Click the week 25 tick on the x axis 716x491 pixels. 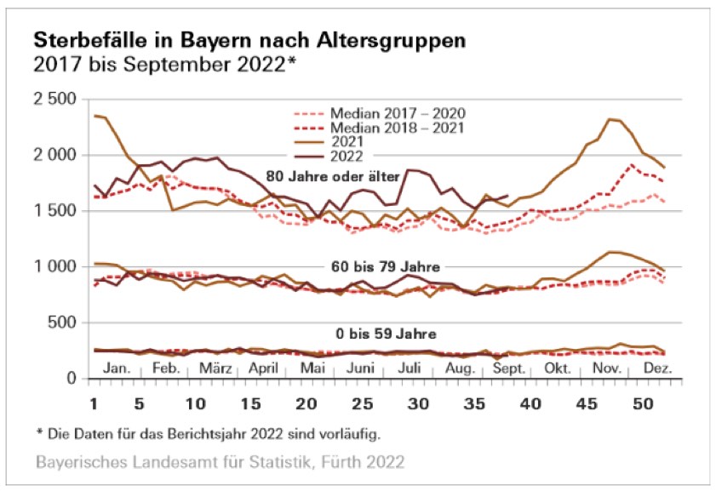click(363, 401)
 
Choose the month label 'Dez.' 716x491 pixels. click(658, 368)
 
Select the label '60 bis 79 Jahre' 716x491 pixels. click(380, 267)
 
